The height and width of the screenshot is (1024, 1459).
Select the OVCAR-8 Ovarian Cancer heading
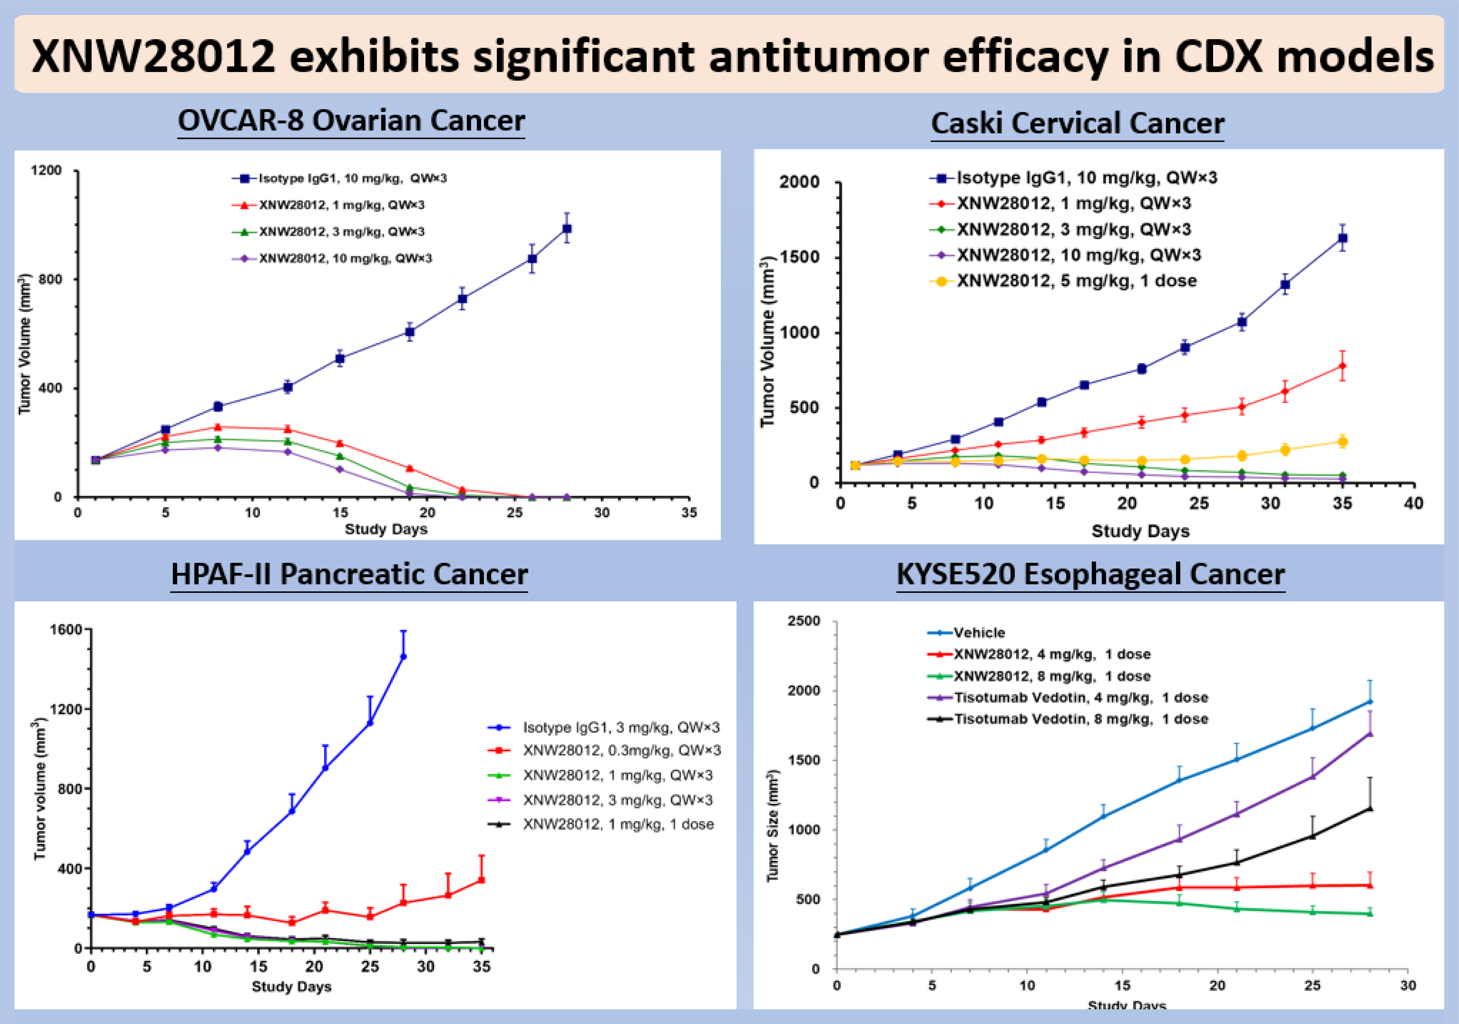[351, 121]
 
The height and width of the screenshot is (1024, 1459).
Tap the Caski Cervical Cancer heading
[1078, 123]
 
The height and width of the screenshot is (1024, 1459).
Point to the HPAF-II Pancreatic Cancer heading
[349, 574]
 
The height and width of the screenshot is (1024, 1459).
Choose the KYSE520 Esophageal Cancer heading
[1090, 574]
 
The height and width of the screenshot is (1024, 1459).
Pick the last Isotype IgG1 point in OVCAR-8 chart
[567, 229]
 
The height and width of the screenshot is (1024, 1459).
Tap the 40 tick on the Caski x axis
[1413, 503]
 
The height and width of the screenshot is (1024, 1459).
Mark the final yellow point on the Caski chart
[1342, 442]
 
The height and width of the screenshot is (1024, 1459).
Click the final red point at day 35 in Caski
[1342, 366]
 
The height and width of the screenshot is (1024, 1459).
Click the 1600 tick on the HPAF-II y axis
[66, 630]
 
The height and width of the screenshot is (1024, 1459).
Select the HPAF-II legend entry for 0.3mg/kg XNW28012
[621, 751]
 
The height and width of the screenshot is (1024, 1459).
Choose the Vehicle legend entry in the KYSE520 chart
[979, 633]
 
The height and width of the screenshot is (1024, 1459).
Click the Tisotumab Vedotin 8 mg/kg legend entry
[1080, 719]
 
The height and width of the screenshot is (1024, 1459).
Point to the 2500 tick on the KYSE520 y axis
[804, 621]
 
